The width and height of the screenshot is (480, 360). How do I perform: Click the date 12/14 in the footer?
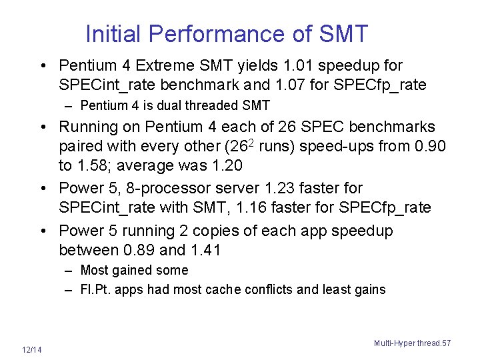31,350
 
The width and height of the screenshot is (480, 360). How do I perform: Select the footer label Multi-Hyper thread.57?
412,343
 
